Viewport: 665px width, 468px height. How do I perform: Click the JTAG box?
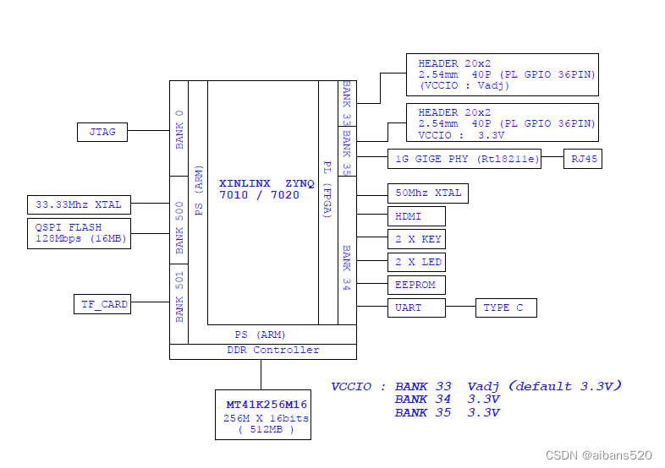[x=103, y=132]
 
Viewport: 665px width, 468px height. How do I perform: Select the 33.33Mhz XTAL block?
[x=79, y=204]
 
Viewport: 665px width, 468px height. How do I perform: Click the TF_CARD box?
[x=102, y=305]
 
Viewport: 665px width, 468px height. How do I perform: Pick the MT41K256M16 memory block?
[x=262, y=415]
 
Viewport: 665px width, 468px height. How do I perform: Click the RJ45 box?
[x=583, y=159]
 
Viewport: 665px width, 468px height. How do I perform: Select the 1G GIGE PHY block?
[x=464, y=159]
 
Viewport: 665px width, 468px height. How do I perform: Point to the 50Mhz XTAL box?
[x=427, y=193]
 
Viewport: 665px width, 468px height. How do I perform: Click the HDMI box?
[x=415, y=216]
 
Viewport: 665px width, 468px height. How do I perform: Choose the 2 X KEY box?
[x=415, y=239]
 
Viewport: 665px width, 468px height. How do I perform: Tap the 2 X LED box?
[x=415, y=262]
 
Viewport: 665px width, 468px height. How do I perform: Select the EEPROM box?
[x=415, y=285]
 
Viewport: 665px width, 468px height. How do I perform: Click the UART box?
[x=415, y=307]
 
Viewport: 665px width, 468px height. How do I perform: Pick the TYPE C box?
[x=506, y=307]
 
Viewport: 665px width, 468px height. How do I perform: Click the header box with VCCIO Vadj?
[x=502, y=75]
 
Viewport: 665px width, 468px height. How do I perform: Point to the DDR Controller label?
[x=262, y=351]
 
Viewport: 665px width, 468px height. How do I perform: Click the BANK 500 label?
[x=179, y=228]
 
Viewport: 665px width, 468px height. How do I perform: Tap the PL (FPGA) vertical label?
[x=327, y=189]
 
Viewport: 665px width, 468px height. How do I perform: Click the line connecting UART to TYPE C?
[x=460, y=307]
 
